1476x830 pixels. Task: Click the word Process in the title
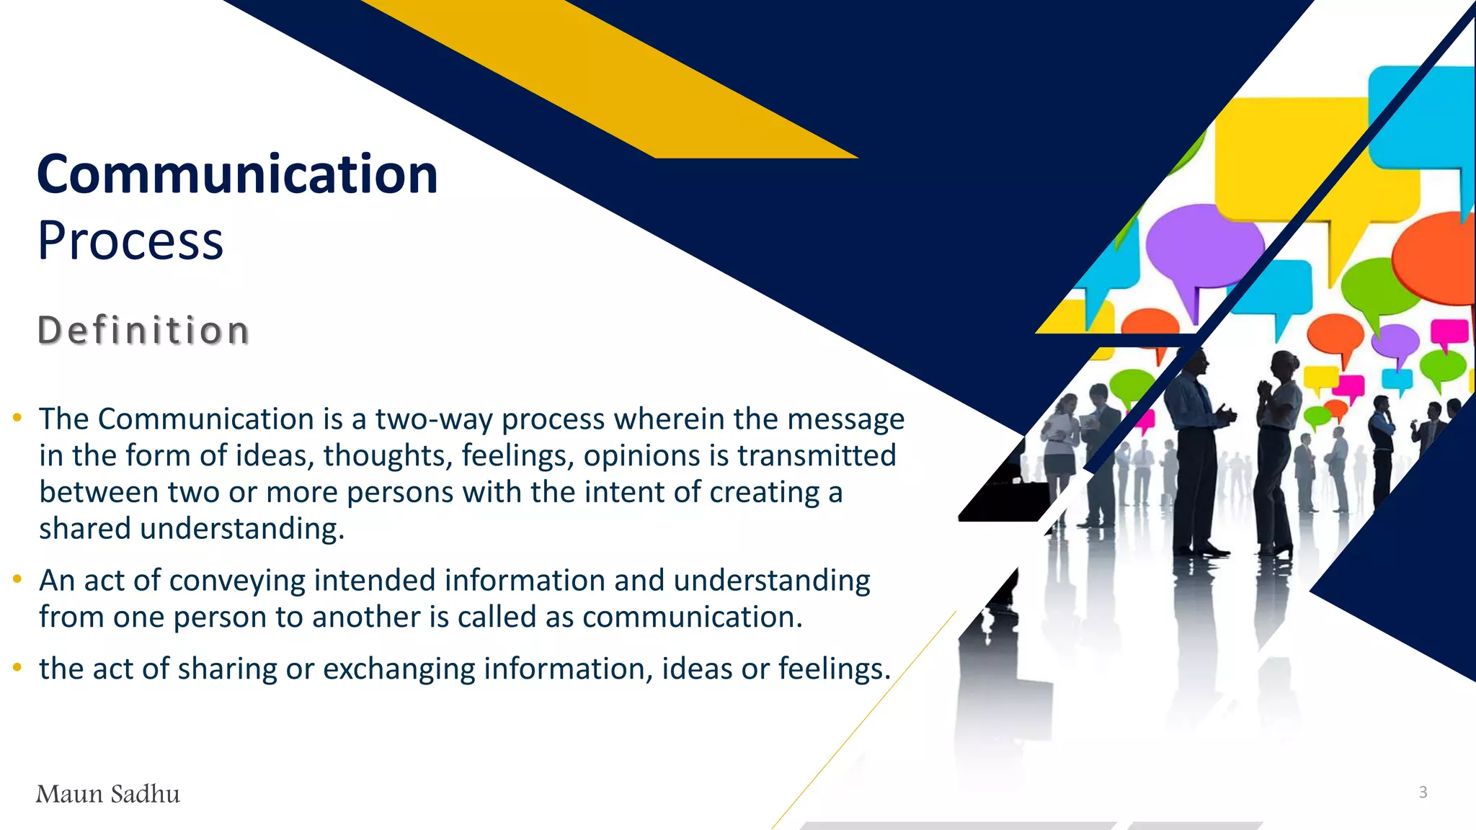(x=130, y=241)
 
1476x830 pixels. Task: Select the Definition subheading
(x=143, y=331)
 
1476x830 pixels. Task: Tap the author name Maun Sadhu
(x=108, y=794)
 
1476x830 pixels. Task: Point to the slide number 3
(x=1423, y=793)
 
